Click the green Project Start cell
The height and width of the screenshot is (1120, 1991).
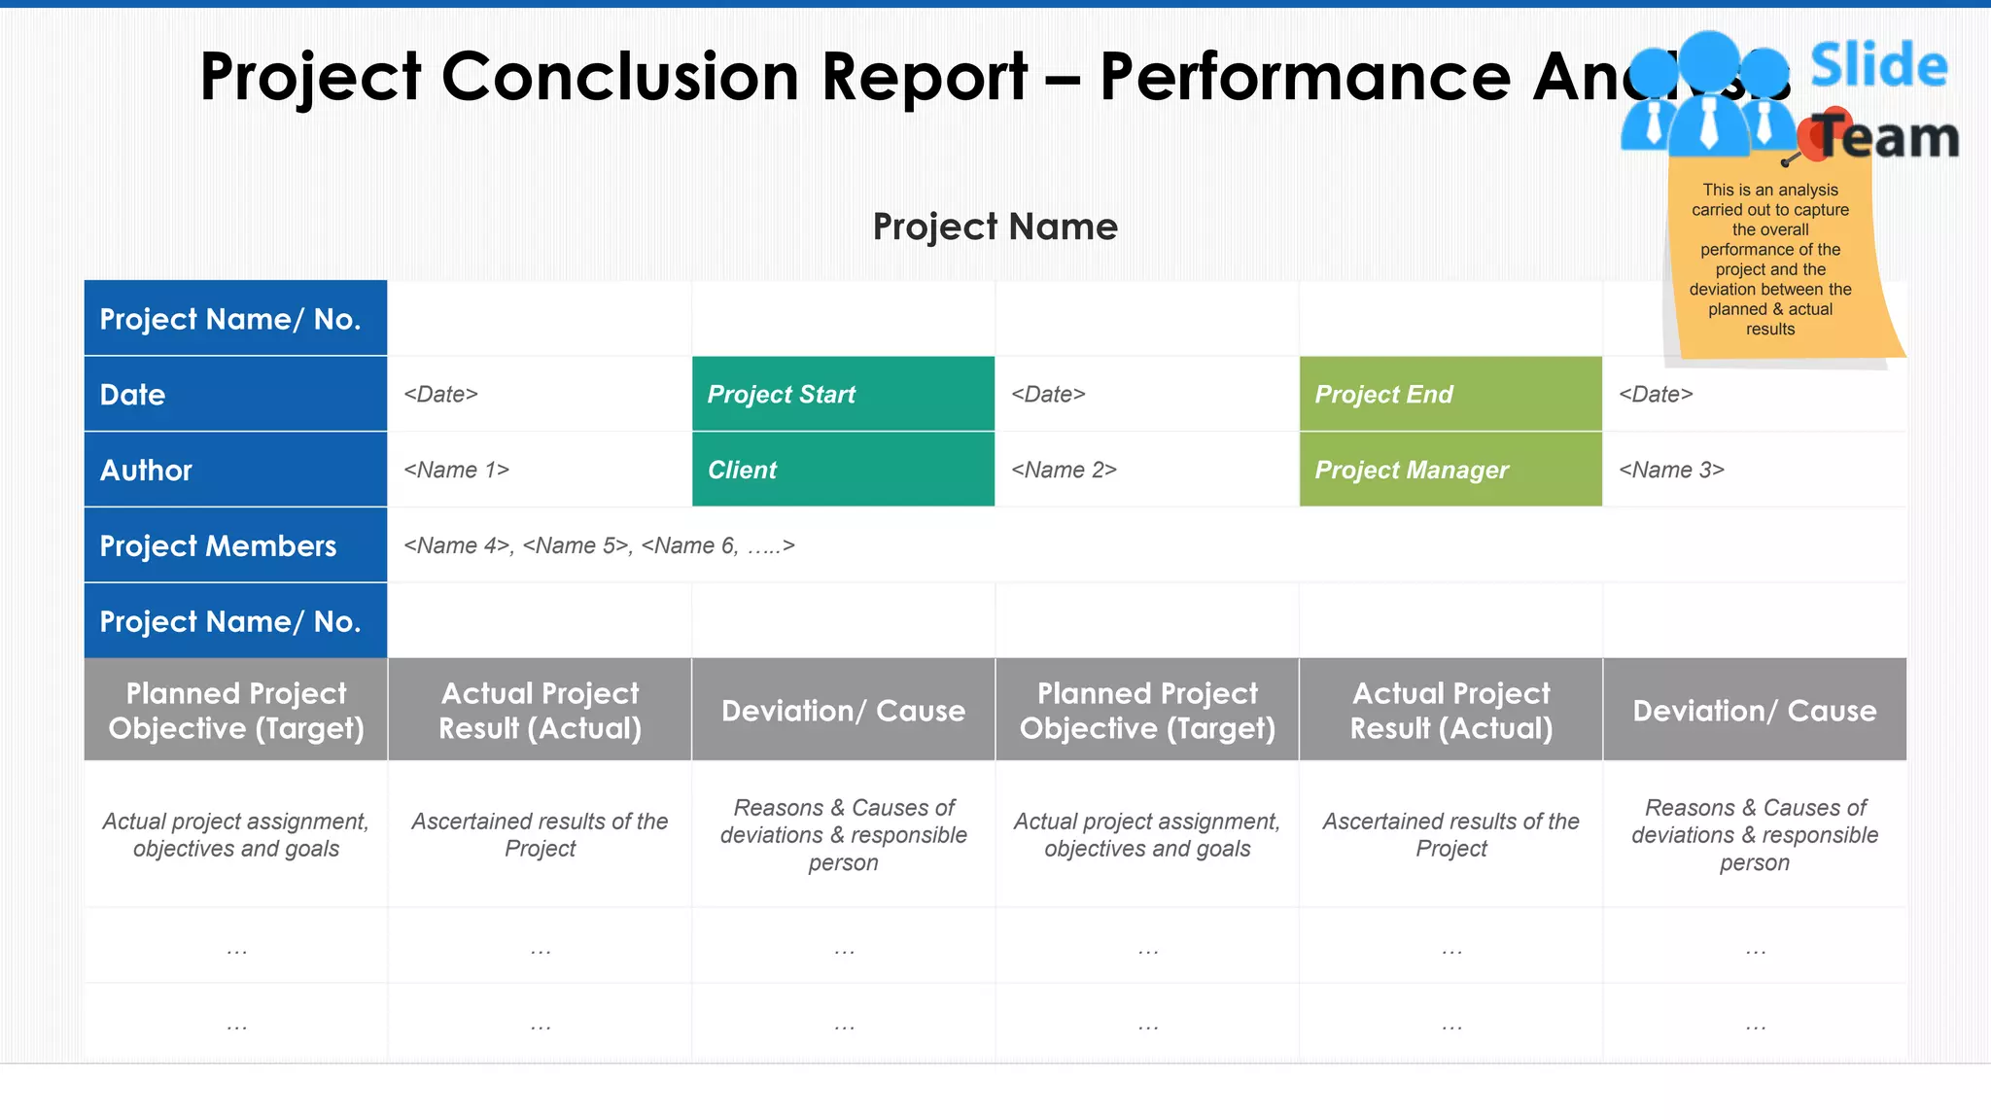click(842, 394)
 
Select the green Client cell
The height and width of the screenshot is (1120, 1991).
click(842, 470)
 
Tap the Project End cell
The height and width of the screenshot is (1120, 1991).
click(1450, 394)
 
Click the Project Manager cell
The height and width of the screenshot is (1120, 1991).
click(1450, 470)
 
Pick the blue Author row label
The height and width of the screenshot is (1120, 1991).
click(235, 470)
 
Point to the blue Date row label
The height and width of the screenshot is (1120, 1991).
click(235, 394)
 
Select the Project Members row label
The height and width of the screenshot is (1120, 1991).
click(235, 545)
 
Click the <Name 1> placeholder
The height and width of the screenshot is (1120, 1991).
click(456, 471)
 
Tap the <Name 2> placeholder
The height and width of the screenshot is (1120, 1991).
click(1064, 471)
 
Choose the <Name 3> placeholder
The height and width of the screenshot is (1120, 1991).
click(1671, 471)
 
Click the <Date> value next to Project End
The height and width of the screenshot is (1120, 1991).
click(1656, 395)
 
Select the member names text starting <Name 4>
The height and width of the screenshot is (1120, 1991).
click(599, 546)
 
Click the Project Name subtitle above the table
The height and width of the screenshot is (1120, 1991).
click(995, 227)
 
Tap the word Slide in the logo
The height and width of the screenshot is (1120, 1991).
click(1878, 66)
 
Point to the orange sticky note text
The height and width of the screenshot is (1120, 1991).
click(1769, 260)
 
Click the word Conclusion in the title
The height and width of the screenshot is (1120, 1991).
click(619, 77)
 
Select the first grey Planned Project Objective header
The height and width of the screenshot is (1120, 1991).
click(235, 710)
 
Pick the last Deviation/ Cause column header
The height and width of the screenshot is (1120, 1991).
click(1754, 711)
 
